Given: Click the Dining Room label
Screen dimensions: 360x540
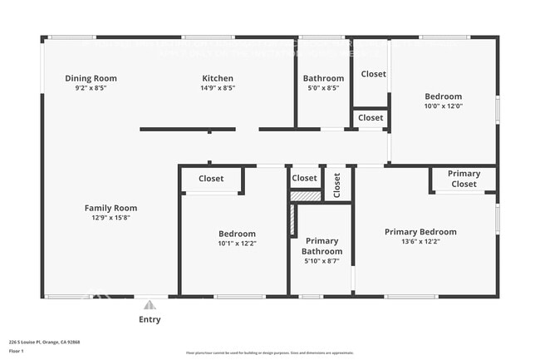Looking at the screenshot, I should (91, 78).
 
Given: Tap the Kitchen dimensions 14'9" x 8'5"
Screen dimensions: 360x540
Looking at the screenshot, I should (217, 87).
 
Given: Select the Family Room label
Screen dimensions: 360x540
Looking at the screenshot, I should (110, 208).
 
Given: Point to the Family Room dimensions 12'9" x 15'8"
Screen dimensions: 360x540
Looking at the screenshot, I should (110, 218).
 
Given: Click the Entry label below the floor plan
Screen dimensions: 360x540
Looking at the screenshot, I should (150, 319).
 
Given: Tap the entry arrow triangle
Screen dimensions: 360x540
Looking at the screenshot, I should (150, 305).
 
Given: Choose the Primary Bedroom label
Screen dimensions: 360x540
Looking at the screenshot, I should (420, 232).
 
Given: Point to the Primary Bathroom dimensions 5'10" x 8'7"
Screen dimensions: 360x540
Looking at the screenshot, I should (322, 261).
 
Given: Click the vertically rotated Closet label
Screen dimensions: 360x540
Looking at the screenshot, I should (336, 185).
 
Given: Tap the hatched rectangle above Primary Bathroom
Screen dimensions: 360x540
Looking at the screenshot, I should (305, 196).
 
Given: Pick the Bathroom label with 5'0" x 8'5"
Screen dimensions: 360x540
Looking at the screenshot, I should (322, 78).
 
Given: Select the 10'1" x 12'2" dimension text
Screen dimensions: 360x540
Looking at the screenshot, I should (237, 244).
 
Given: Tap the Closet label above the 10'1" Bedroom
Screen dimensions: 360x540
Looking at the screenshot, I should (211, 179).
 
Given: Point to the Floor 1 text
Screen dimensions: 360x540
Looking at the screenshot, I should (16, 351).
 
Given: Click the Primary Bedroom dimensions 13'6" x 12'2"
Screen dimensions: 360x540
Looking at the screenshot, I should (420, 242).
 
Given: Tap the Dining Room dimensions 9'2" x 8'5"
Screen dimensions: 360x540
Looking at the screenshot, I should (91, 87).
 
